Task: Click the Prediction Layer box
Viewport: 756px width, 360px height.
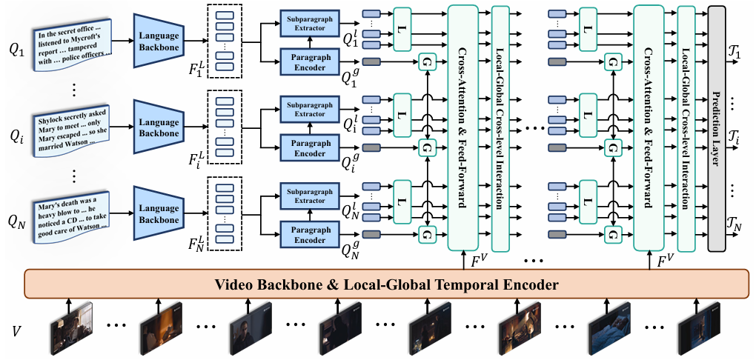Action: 717,129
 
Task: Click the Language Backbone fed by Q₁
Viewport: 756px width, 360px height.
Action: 159,41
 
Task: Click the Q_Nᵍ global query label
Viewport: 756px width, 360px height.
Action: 351,250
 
